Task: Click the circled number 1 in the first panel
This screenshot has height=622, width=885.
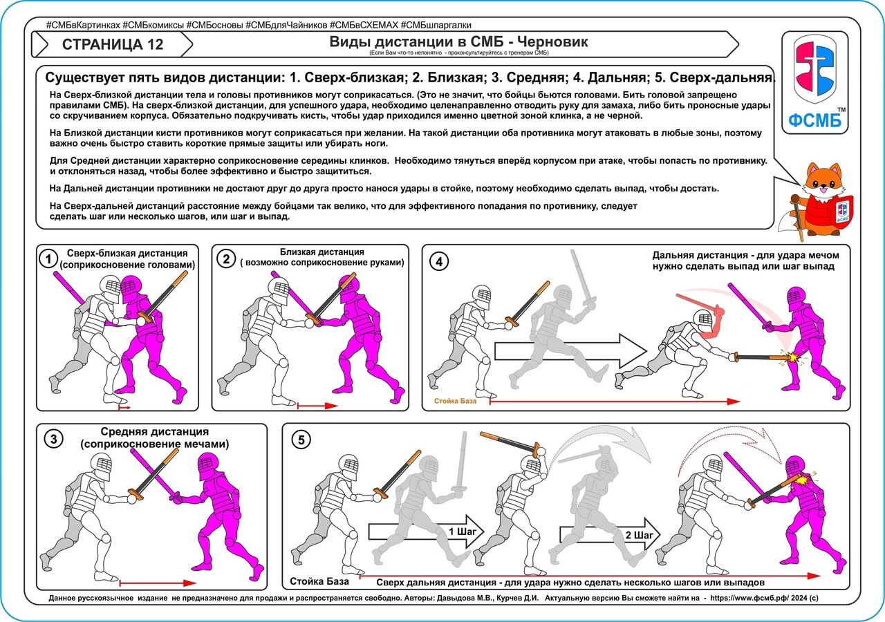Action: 48,260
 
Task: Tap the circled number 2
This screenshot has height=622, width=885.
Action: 226,260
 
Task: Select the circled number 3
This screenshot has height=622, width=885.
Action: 53,439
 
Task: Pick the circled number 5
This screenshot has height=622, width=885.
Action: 298,440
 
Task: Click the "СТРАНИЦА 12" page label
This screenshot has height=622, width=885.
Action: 113,45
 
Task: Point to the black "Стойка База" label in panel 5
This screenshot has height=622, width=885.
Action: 319,581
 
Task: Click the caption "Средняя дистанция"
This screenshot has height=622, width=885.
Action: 155,432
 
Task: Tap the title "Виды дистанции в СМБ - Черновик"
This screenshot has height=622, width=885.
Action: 458,42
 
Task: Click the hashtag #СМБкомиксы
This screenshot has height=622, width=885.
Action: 153,25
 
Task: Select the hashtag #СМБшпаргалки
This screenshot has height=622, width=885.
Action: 436,25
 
